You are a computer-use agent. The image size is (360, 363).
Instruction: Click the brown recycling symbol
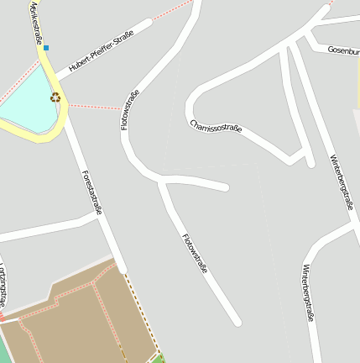[55, 97]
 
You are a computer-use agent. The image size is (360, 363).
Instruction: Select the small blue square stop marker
[47, 48]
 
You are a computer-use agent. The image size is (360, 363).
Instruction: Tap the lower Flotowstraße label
[194, 251]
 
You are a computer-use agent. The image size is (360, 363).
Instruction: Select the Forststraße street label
[91, 192]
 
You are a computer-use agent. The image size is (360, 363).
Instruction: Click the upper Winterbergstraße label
[341, 182]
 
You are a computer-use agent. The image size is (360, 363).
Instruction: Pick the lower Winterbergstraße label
[307, 292]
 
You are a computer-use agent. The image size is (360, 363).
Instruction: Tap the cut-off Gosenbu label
[344, 50]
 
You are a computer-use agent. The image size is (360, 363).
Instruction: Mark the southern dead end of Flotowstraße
[237, 321]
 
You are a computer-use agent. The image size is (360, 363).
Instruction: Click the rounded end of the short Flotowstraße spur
[225, 187]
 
